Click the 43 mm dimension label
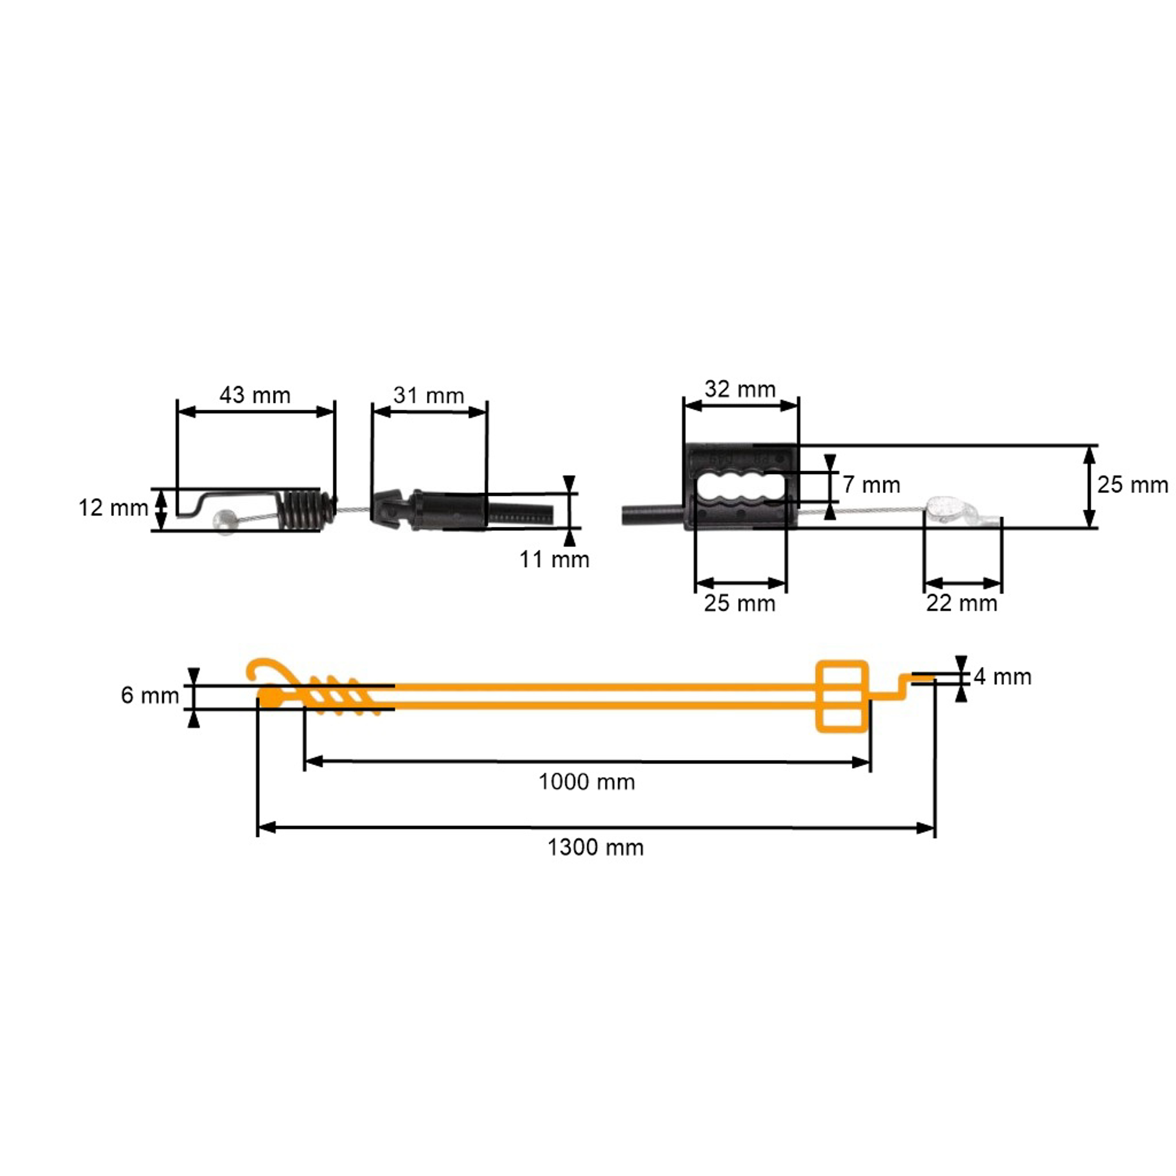point(255,395)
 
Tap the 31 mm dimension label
point(428,395)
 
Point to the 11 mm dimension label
point(554,559)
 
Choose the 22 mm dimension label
point(962,603)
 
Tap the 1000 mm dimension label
point(587,782)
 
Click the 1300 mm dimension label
point(595,847)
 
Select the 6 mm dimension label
point(150,695)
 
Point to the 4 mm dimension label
point(1002,677)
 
